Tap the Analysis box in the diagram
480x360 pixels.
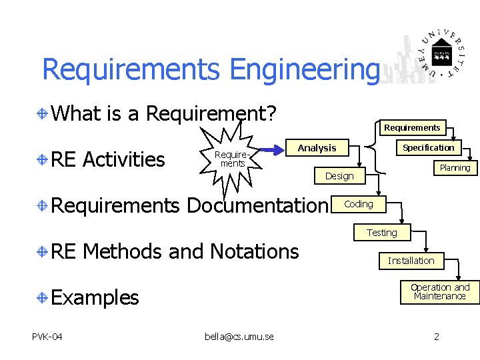[x=317, y=148]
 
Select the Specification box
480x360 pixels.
[x=429, y=148]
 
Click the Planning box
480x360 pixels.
[x=455, y=168]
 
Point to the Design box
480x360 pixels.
[x=339, y=176]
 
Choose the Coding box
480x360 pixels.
[x=359, y=204]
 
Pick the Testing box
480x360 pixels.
[x=381, y=233]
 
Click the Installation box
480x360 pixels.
[x=411, y=261]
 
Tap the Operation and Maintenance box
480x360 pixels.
[x=440, y=292]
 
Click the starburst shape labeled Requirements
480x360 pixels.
[x=229, y=159]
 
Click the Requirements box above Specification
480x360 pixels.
[x=412, y=127]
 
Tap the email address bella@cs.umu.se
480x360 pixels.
[x=239, y=336]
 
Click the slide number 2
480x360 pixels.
[x=437, y=336]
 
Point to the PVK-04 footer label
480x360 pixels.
[x=47, y=336]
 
